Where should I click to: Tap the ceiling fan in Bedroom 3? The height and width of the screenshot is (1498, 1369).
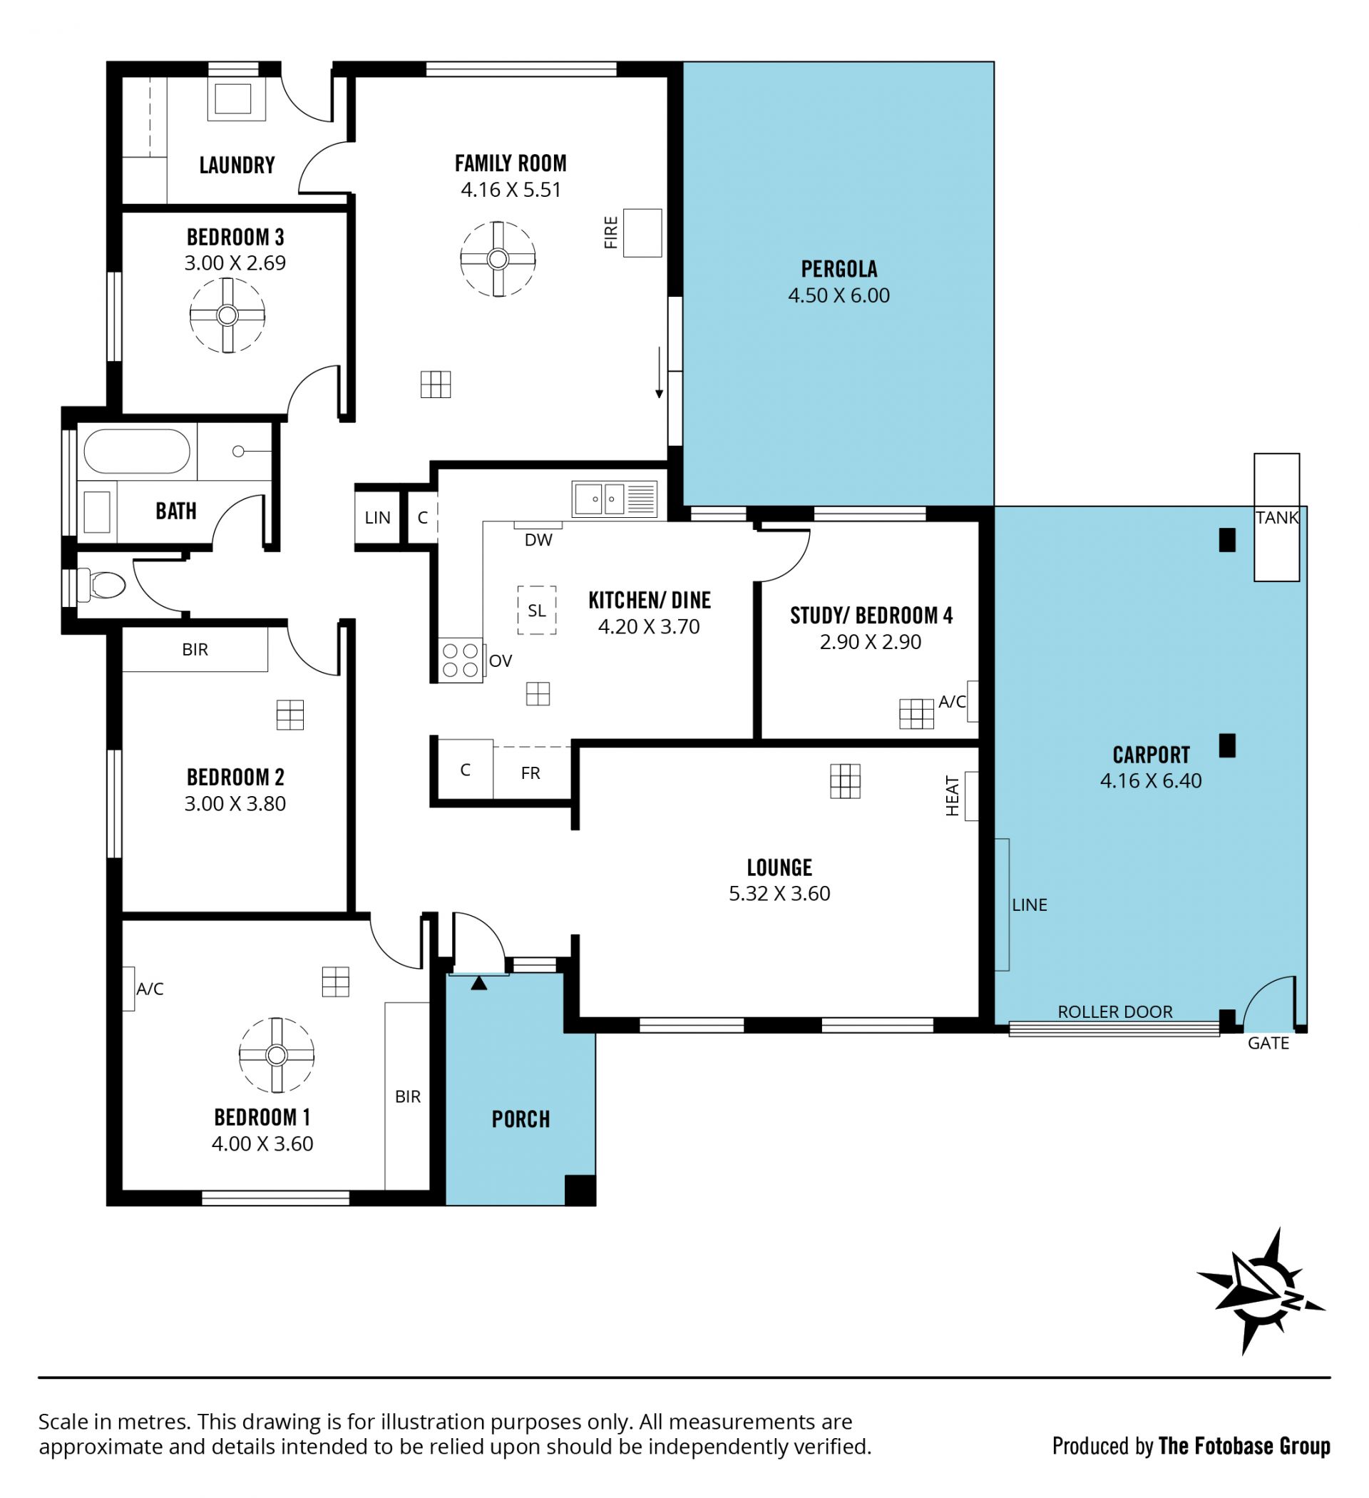click(x=227, y=316)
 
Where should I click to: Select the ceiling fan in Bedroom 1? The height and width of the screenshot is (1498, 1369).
click(x=277, y=1055)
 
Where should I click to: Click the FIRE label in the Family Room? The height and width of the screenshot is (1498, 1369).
click(x=610, y=233)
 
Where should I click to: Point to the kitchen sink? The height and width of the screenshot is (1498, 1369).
click(x=615, y=499)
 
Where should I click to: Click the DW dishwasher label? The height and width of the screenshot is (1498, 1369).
click(x=538, y=540)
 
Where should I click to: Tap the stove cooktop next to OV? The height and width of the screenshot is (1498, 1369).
click(x=460, y=661)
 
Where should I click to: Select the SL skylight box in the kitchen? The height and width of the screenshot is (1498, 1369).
click(x=536, y=611)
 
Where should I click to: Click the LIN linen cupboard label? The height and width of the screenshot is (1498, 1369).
click(x=377, y=518)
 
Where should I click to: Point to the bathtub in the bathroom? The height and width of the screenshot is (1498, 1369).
click(x=137, y=451)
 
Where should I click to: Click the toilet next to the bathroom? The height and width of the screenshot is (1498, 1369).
click(x=102, y=585)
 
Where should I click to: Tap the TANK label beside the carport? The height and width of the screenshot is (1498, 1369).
click(x=1277, y=518)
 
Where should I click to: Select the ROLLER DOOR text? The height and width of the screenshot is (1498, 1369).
click(x=1115, y=1012)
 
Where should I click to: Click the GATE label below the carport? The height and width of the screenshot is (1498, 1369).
click(x=1268, y=1043)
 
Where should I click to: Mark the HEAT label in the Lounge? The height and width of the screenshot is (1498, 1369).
click(x=953, y=795)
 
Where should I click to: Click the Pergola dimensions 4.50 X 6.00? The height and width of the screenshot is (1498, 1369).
click(x=839, y=295)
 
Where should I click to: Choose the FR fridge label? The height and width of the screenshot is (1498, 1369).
click(x=530, y=773)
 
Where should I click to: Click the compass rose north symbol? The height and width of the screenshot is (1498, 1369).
click(x=1261, y=1290)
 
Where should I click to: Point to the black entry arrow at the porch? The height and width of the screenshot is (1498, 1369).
click(x=479, y=983)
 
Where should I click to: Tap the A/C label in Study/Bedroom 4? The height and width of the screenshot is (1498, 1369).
click(x=953, y=701)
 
